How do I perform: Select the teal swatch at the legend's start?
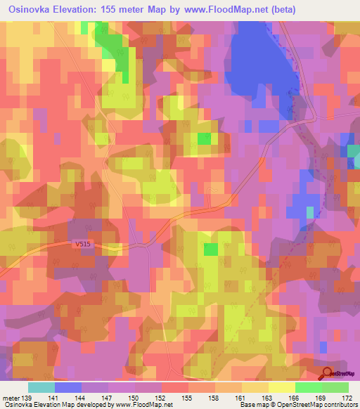41,387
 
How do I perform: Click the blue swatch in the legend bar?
67,387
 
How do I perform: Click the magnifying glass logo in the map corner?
328,372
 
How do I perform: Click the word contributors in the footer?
340,405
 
